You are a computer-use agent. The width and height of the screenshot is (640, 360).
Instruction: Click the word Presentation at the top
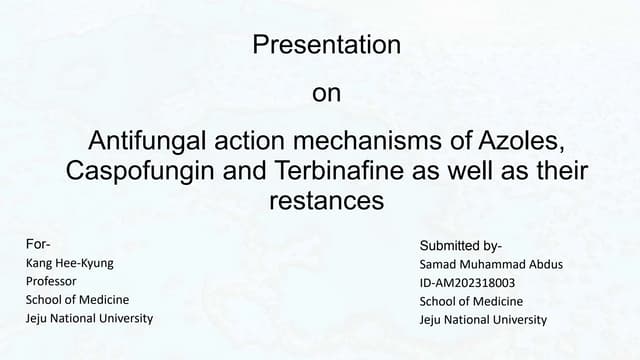(x=327, y=45)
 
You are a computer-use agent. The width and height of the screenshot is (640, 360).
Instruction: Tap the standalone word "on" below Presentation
(x=327, y=95)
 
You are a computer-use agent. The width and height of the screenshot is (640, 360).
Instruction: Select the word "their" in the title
(x=561, y=170)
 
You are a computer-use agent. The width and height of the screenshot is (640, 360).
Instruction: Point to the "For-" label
(x=38, y=244)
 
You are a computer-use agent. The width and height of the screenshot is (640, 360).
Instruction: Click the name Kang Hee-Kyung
(x=68, y=262)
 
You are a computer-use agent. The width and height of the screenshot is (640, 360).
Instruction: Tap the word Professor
(x=51, y=281)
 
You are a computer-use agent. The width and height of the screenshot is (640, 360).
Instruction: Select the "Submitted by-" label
(x=460, y=246)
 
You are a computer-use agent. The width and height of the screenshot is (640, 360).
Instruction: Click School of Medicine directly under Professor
(x=77, y=299)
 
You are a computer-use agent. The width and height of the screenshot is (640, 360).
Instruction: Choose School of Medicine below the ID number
(x=471, y=301)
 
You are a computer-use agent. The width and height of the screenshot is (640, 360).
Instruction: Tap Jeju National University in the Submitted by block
(x=483, y=319)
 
